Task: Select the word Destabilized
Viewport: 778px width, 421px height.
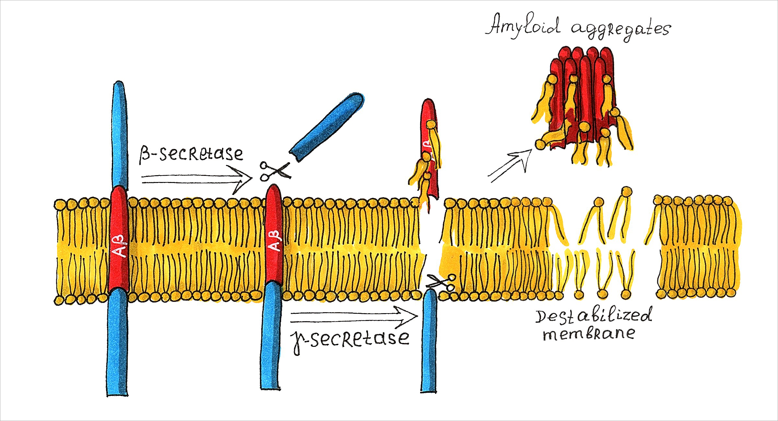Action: pos(593,316)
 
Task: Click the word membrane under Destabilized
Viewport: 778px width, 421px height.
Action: pos(588,334)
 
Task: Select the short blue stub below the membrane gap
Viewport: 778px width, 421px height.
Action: pos(429,340)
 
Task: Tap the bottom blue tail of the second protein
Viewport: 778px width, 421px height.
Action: pos(270,337)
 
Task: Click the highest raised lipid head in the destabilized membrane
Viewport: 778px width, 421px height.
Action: pos(627,191)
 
